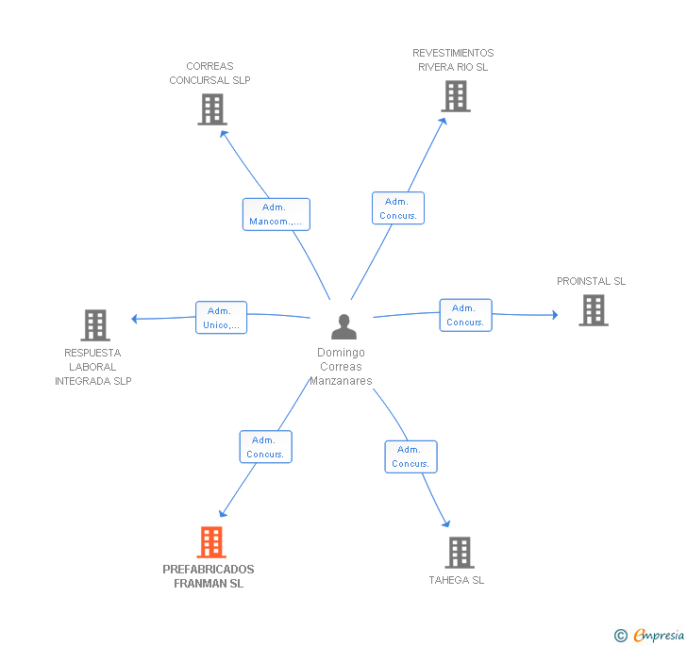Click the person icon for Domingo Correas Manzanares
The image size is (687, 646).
[343, 326]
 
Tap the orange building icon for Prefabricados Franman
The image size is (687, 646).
[211, 541]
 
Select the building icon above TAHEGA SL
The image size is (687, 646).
[460, 553]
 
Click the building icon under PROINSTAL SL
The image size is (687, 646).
[594, 310]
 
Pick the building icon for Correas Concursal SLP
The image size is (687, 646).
[212, 109]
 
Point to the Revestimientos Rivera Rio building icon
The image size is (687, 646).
[456, 96]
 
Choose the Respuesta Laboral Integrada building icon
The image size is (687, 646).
[95, 325]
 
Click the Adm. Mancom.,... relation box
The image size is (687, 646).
[276, 214]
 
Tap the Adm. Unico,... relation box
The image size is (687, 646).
[221, 318]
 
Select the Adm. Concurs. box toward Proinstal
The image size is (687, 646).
[466, 315]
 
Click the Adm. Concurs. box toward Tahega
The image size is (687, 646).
[411, 456]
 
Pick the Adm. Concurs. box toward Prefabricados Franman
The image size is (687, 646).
[265, 447]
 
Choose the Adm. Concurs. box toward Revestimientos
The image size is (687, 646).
[398, 208]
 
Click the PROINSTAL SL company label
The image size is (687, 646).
[591, 281]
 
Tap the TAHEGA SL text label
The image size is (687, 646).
[457, 580]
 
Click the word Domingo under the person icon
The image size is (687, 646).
[341, 353]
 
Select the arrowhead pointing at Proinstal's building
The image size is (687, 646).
[555, 315]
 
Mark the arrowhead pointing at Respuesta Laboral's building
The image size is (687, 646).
[135, 319]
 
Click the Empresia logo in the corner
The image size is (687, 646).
[649, 635]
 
